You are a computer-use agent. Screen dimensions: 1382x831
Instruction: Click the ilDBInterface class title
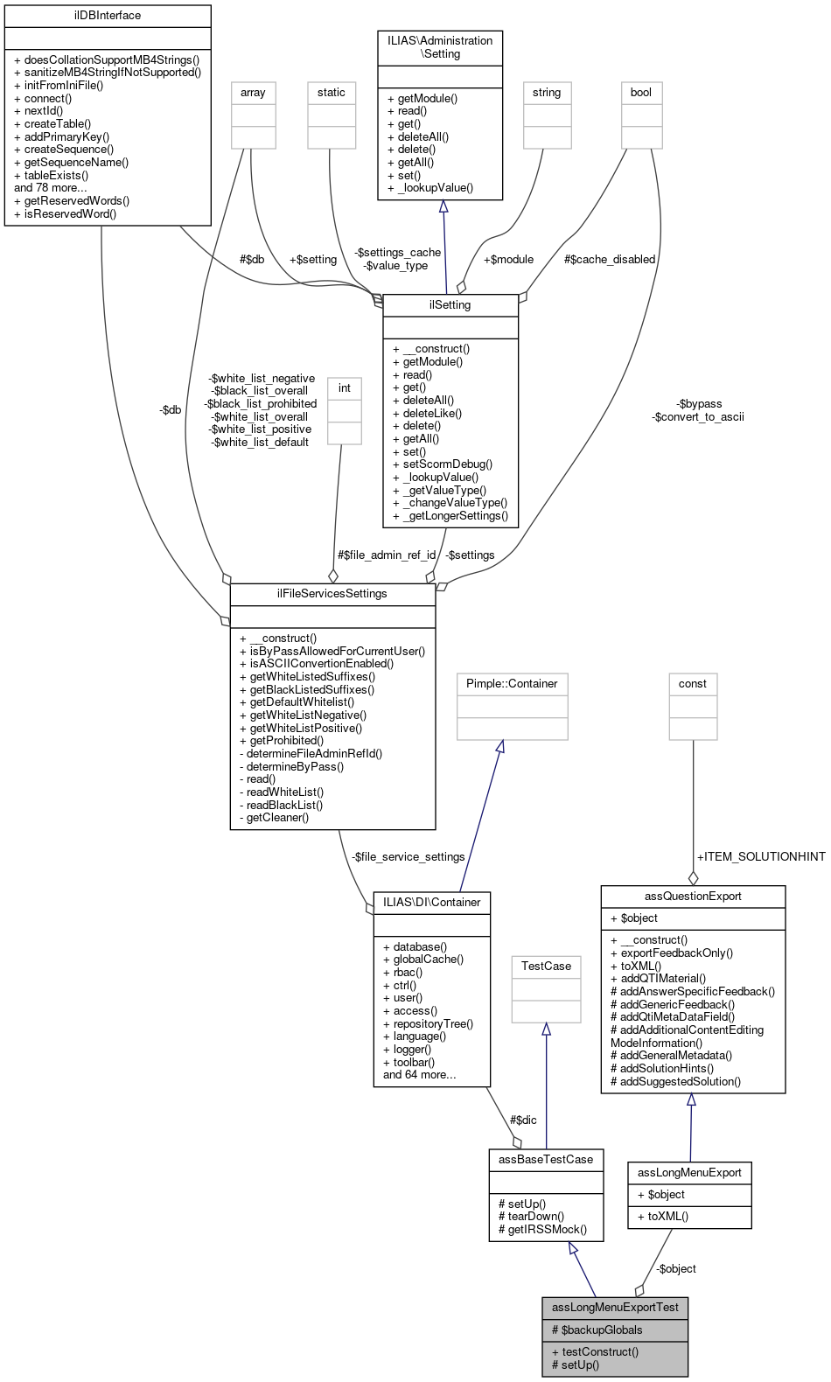[x=108, y=16]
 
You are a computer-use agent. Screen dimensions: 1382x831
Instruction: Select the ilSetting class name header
[x=450, y=305]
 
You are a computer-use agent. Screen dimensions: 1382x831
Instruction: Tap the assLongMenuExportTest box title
[x=615, y=1308]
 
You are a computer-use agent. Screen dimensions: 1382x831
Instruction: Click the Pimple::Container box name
[x=512, y=684]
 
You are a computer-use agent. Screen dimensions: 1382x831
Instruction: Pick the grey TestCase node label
[x=546, y=967]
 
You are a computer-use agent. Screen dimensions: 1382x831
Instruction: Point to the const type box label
[x=693, y=684]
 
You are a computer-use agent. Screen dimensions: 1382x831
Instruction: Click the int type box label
[x=345, y=388]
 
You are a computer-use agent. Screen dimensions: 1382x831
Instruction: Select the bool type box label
[x=641, y=93]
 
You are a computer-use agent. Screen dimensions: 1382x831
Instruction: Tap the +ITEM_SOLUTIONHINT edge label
[x=760, y=857]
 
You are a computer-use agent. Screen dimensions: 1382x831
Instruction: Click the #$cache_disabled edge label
[x=610, y=260]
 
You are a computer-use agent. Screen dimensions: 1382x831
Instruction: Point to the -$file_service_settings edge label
[x=408, y=857]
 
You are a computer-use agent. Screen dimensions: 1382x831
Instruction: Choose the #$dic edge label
[x=523, y=1120]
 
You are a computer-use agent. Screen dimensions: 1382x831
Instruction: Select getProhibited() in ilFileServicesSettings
[x=286, y=741]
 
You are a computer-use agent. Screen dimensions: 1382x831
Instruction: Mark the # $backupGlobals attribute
[x=597, y=1330]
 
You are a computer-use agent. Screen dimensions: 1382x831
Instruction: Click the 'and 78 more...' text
[x=51, y=188]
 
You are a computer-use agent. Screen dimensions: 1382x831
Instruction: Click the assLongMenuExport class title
[x=689, y=1173]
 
